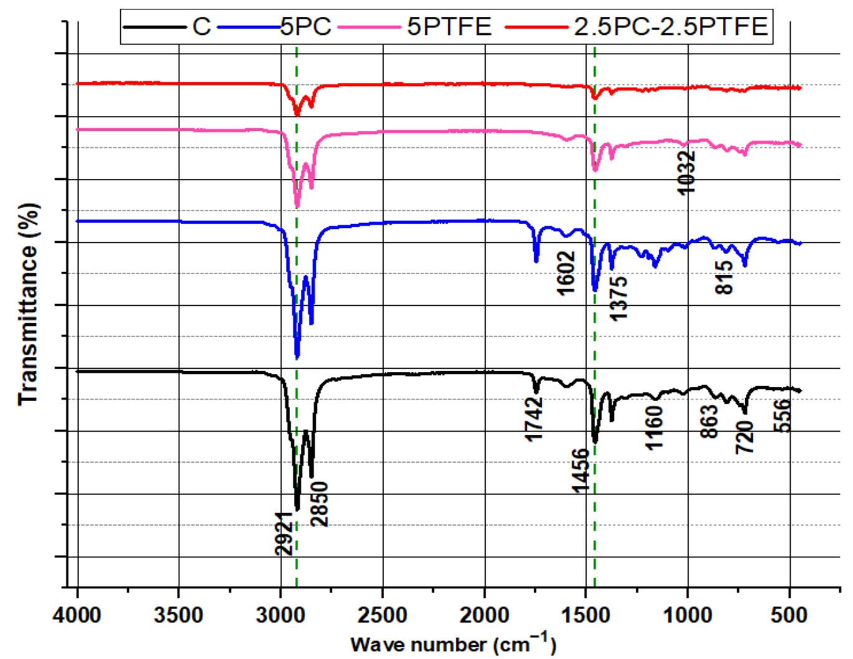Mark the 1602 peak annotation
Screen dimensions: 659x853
tap(566, 273)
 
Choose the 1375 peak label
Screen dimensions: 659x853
tap(619, 298)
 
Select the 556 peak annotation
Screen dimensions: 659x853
tap(782, 417)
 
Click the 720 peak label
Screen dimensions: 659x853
tap(745, 437)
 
